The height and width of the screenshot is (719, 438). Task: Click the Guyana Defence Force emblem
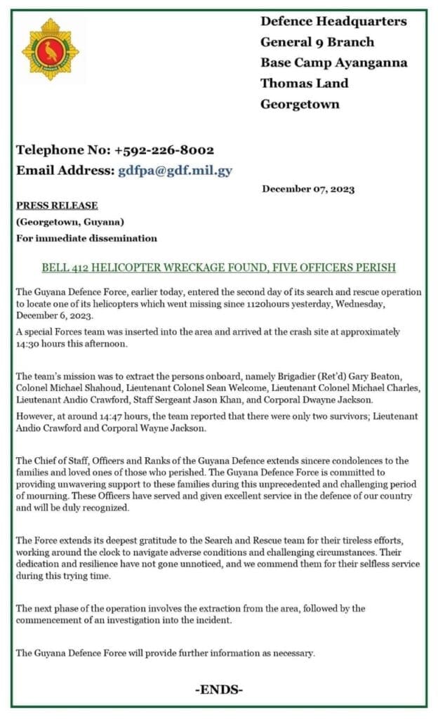pos(51,50)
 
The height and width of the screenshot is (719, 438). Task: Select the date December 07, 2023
pos(308,189)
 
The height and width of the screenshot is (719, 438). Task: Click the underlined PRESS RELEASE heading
pos(57,206)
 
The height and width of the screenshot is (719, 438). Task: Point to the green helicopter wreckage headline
pos(218,268)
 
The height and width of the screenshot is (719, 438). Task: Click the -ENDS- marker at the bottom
pos(219,690)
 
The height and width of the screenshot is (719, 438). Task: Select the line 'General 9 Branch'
pos(307,42)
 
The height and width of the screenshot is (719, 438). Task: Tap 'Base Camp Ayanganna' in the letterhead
pos(333,62)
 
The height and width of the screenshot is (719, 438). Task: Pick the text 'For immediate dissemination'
pos(86,238)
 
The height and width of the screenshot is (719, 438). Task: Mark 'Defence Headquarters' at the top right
pos(333,22)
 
